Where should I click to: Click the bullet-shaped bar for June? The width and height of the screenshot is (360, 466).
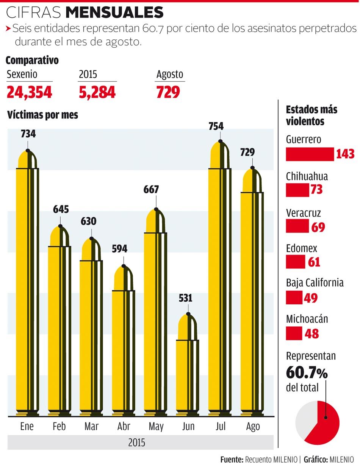pyautogui.click(x=188, y=371)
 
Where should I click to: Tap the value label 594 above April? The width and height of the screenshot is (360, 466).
pyautogui.click(x=120, y=249)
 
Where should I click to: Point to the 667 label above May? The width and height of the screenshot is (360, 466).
pyautogui.click(x=151, y=189)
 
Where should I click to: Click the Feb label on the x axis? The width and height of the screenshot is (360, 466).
pyautogui.click(x=59, y=427)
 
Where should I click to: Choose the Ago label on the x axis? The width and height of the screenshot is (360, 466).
pyautogui.click(x=253, y=427)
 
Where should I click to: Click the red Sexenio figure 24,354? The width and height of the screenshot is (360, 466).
pyautogui.click(x=29, y=92)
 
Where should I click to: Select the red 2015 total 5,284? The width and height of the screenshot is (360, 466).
pyautogui.click(x=97, y=92)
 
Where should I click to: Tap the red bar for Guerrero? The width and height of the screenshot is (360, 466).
pyautogui.click(x=310, y=154)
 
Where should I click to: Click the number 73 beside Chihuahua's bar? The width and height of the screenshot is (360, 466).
pyautogui.click(x=316, y=189)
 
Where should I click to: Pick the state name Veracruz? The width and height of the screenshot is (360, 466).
pyautogui.click(x=303, y=212)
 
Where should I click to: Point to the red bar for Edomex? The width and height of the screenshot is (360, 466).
pyautogui.click(x=295, y=262)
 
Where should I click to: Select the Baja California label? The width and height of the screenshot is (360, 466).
pyautogui.click(x=315, y=283)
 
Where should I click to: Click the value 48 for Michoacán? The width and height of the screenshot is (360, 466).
pyautogui.click(x=311, y=334)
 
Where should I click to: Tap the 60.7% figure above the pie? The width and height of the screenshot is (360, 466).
pyautogui.click(x=307, y=373)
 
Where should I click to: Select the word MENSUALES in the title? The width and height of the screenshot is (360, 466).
pyautogui.click(x=114, y=13)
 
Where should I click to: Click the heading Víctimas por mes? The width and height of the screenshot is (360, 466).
pyautogui.click(x=42, y=115)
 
